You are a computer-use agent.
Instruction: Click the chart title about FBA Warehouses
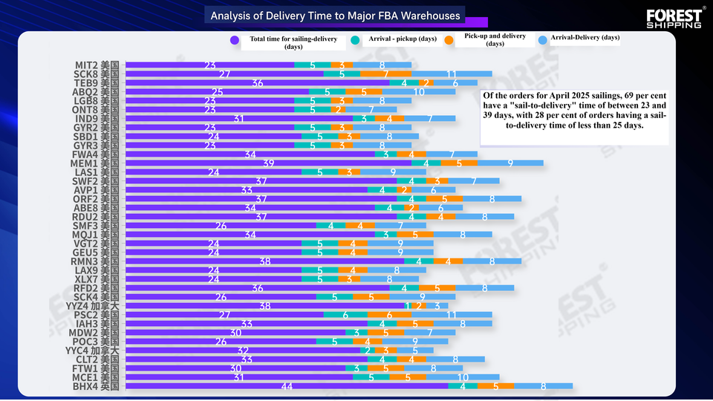tap(335, 16)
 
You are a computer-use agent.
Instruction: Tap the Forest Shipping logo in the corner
tap(673, 18)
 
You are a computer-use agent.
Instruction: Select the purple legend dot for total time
tap(235, 40)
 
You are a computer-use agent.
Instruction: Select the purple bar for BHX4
tap(287, 386)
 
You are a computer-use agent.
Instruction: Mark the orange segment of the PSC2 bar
tap(390, 315)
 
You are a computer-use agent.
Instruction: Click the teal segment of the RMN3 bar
tap(418, 261)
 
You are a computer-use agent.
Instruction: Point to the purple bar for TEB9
tap(258, 83)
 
